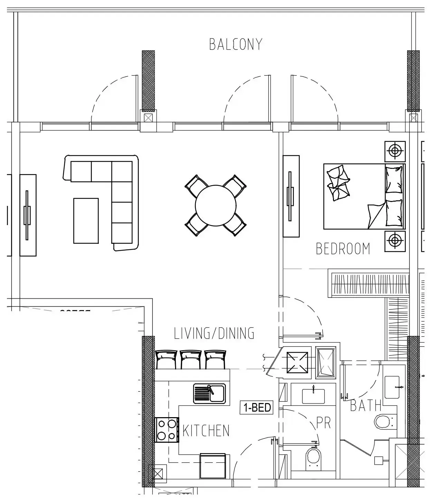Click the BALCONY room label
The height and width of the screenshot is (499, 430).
tap(236, 45)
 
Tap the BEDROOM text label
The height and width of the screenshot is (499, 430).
tap(343, 249)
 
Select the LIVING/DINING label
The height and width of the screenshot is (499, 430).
tap(214, 333)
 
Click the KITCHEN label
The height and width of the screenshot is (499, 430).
tap(206, 431)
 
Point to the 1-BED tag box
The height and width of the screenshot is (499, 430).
tap(257, 407)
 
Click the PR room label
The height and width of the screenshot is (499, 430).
tap(324, 423)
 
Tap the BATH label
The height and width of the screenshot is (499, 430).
tap(366, 405)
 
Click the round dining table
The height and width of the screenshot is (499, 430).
tap(215, 205)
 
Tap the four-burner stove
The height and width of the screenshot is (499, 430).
tap(166, 430)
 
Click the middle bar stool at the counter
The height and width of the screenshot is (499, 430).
tap(191, 359)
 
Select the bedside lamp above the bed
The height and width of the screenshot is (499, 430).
tap(395, 151)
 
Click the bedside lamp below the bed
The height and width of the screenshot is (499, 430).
tap(395, 239)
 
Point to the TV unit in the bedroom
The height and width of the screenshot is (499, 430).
tap(291, 196)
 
